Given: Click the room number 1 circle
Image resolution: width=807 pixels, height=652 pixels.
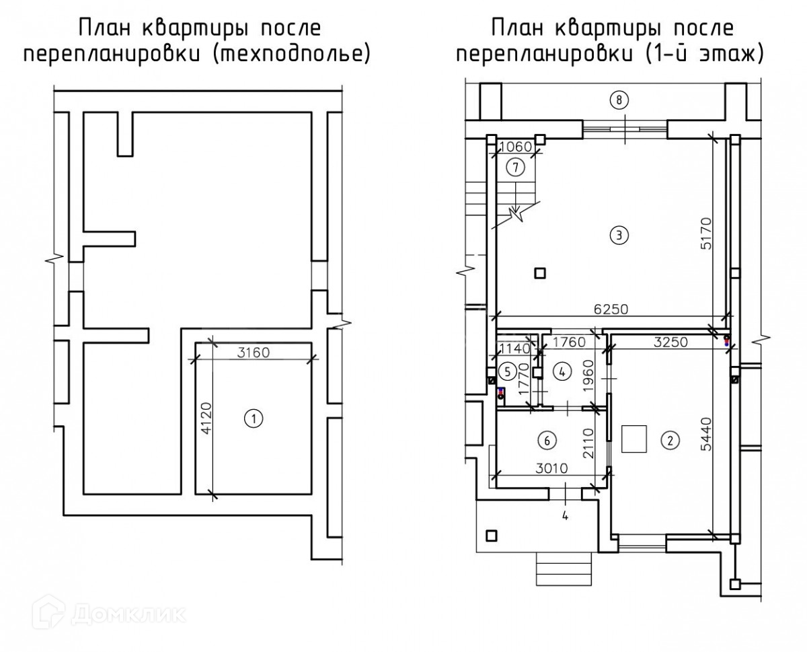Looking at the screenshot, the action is click(x=253, y=419).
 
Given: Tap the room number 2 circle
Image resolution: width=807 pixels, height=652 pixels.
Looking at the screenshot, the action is click(x=670, y=441).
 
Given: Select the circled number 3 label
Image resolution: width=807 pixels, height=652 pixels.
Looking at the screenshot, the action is click(x=618, y=235).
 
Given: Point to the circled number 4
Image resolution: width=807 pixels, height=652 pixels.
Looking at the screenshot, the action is click(x=564, y=370).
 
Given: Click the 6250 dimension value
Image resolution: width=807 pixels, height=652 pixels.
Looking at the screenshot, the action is click(x=611, y=310).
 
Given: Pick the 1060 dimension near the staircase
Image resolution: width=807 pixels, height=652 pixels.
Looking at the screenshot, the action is click(x=514, y=147).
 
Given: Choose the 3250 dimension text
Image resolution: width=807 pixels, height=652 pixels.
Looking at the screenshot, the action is click(x=671, y=341).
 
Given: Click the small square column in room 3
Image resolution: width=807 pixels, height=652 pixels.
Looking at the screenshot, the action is click(x=540, y=273).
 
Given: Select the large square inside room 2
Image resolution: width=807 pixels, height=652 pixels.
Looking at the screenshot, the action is click(x=633, y=439).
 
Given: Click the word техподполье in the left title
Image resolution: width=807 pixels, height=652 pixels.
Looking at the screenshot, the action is click(x=291, y=55).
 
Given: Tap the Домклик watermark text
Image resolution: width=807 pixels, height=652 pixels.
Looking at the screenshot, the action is click(x=128, y=613).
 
